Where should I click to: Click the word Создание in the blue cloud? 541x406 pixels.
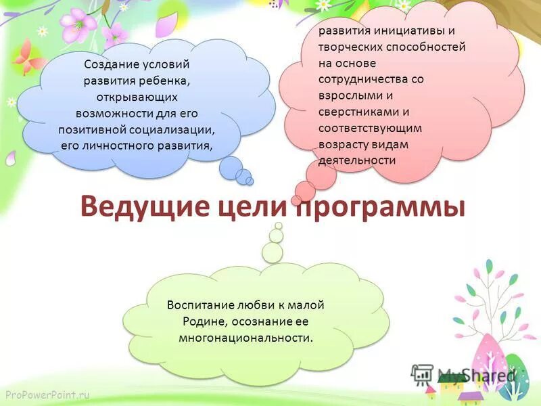(110, 65)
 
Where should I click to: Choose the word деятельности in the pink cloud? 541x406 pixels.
(356, 160)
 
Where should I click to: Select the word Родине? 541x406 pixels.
(200, 321)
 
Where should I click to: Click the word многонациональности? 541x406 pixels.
(245, 337)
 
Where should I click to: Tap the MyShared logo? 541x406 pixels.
(463, 374)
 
